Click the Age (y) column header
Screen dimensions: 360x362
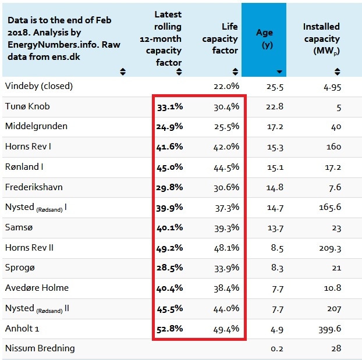pos(264,38)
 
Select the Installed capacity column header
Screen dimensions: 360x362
pos(321,38)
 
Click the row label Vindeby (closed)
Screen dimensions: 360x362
pos(39,86)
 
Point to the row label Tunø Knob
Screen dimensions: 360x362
pos(28,106)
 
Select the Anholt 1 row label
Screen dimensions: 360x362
pos(22,328)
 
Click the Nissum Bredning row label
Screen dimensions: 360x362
pos(40,348)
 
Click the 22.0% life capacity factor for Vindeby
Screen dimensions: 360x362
pos(226,86)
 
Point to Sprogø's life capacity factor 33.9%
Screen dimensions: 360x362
pos(226,268)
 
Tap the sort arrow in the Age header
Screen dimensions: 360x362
pos(280,72)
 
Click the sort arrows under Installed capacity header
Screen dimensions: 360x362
pos(337,72)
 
